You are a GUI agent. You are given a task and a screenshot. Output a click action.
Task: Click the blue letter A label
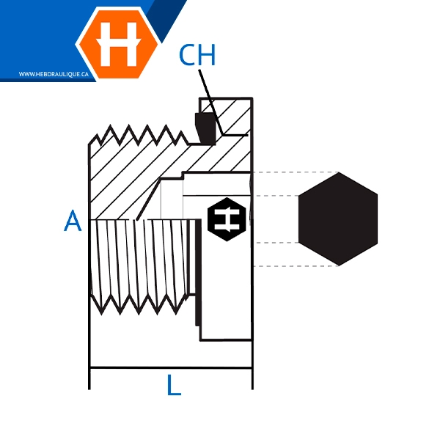(x=73, y=220)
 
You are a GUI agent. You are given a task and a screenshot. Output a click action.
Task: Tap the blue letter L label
(x=173, y=384)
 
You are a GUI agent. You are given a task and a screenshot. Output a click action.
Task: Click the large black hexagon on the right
(x=338, y=219)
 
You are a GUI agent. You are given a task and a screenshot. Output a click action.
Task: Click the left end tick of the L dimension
(x=89, y=378)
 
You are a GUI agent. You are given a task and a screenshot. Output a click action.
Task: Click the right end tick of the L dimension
(x=252, y=378)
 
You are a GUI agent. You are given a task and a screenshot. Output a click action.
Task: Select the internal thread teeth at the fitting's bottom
(x=139, y=304)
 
